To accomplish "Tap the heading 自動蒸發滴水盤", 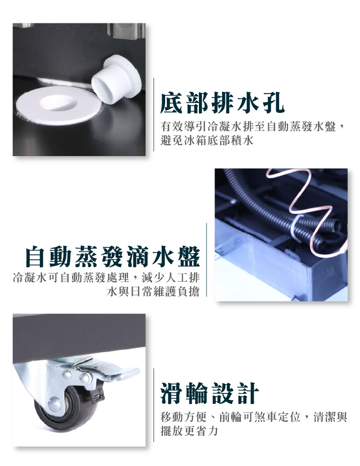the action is pyautogui.click(x=112, y=256).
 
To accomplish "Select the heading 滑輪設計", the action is pyautogui.click(x=209, y=393).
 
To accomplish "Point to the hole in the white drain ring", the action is pyautogui.click(x=58, y=103).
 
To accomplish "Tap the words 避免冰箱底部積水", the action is pyautogui.click(x=207, y=140).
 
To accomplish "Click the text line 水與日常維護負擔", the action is pyautogui.click(x=153, y=291).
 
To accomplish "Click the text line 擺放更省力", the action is pyautogui.click(x=189, y=430).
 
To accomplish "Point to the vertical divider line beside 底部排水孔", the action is pyautogui.click(x=154, y=114).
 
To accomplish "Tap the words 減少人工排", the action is pyautogui.click(x=171, y=278).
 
